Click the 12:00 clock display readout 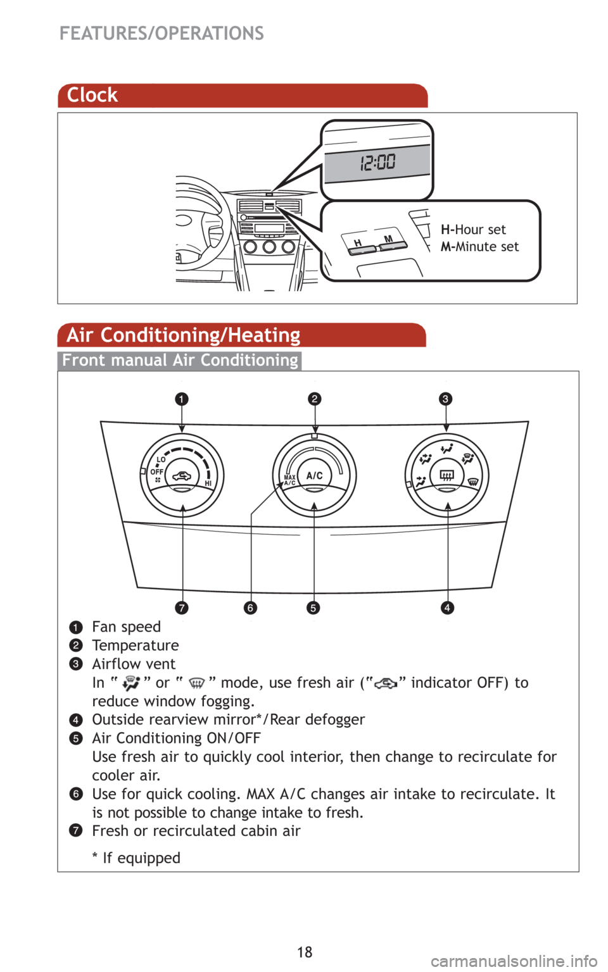coord(378,163)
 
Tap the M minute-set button coord(391,242)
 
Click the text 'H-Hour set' coord(474,230)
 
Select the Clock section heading coord(92,95)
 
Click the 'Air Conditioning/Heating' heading coord(184,335)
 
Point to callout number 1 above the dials coord(182,399)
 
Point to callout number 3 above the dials coord(446,399)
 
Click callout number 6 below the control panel coord(251,607)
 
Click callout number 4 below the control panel coord(447,607)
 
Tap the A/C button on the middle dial coord(315,476)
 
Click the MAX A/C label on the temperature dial coord(290,480)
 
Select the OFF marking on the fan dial coord(156,471)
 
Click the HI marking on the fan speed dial coord(208,483)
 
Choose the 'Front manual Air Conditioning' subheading coord(180,360)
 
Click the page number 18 coord(305,952)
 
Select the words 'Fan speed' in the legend coord(127,627)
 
